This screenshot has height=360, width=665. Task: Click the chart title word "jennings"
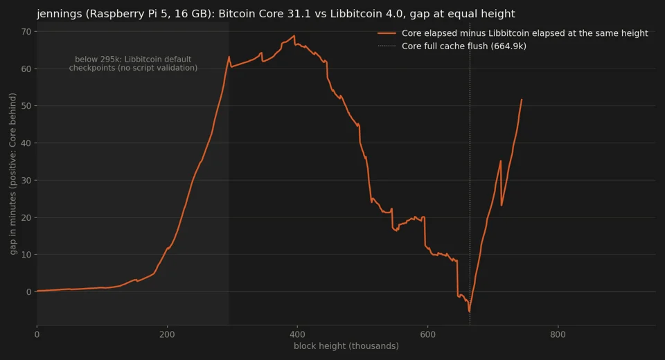click(x=60, y=14)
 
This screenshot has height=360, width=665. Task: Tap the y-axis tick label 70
click(x=26, y=32)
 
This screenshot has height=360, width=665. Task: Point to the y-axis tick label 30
click(x=26, y=180)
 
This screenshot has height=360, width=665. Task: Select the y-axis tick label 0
click(x=28, y=291)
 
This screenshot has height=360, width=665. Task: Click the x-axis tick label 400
click(x=297, y=334)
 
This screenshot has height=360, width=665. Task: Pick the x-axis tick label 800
click(x=558, y=334)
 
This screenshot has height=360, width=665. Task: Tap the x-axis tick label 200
click(x=167, y=334)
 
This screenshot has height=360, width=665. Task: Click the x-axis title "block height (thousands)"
click(x=346, y=346)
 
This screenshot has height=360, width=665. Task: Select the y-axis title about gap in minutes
click(x=12, y=174)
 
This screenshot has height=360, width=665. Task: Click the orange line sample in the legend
click(x=387, y=33)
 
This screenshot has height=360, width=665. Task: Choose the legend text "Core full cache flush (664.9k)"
click(x=464, y=46)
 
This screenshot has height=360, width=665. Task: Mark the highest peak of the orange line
click(x=294, y=35)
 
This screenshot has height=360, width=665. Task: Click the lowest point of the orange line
click(x=470, y=312)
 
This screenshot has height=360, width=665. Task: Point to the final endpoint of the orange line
click(x=522, y=100)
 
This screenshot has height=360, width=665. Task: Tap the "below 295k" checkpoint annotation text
click(x=133, y=64)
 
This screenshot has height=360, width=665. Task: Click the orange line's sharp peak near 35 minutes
click(x=500, y=161)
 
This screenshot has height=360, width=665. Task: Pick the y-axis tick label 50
click(x=26, y=106)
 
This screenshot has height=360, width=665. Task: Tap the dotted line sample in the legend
click(x=387, y=46)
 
